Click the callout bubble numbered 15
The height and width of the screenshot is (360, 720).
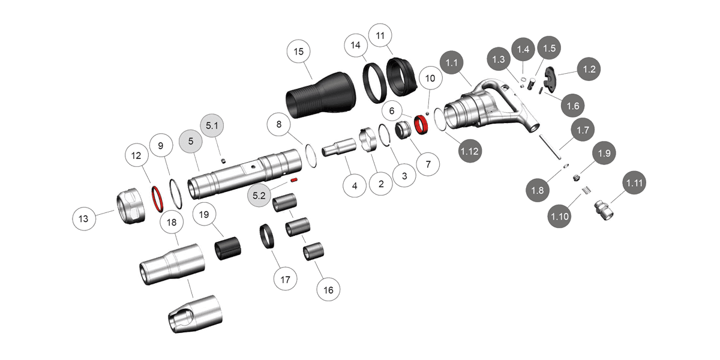click(299, 52)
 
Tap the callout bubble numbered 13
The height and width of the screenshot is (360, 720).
click(85, 218)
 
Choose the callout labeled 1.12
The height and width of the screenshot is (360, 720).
click(469, 151)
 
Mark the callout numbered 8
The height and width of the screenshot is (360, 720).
click(278, 125)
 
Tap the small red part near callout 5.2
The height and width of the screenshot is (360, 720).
click(294, 179)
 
